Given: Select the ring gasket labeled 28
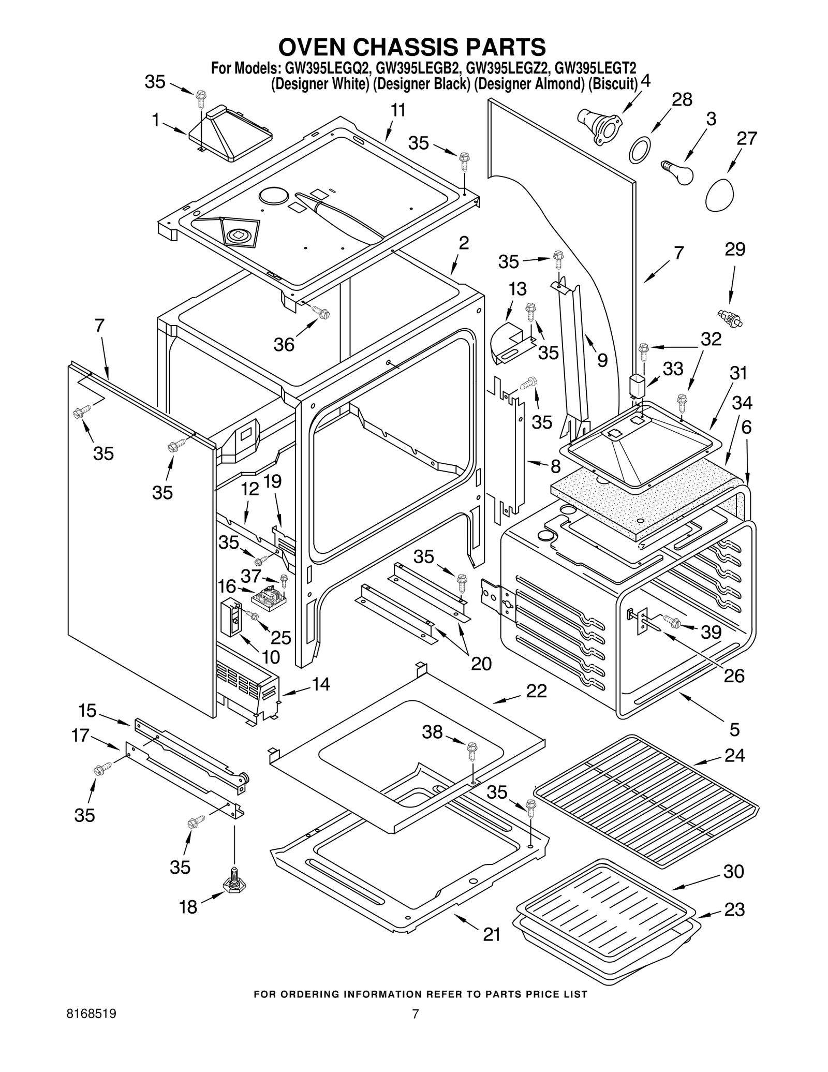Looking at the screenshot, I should (x=640, y=151).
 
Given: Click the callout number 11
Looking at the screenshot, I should (x=397, y=110).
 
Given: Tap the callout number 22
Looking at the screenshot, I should (x=536, y=691).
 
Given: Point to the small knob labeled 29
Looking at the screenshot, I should (x=730, y=318).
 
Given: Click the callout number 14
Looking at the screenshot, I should (x=320, y=684).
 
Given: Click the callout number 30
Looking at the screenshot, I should (x=733, y=871).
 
